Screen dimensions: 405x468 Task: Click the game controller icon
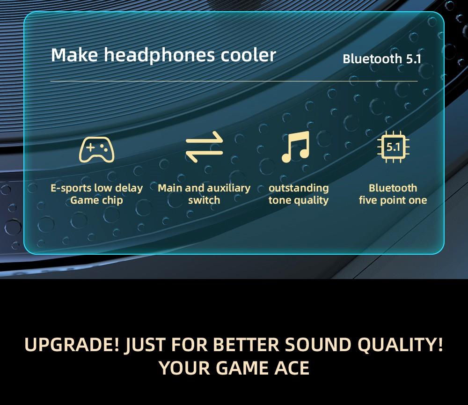[x=96, y=149]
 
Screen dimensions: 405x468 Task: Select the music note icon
[x=296, y=147]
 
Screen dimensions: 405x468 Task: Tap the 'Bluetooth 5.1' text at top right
[x=382, y=59]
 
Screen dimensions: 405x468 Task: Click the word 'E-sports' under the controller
[x=71, y=188]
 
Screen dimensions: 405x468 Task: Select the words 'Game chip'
[x=96, y=200]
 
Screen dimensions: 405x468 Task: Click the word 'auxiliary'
[x=227, y=188]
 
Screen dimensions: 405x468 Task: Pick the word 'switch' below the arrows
[x=204, y=200]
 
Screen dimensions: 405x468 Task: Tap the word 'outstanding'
[x=299, y=188]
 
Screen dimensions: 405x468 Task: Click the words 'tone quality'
[x=299, y=200]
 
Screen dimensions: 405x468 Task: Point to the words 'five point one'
[x=393, y=200]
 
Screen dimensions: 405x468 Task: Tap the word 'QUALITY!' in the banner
[x=400, y=345]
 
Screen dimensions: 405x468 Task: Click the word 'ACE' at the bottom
[x=291, y=368]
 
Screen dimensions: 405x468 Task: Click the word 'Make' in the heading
[x=74, y=55]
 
